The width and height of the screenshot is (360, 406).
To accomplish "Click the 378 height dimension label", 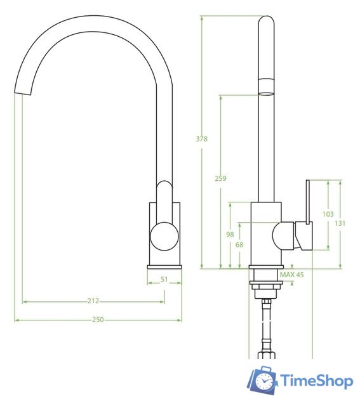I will point(203,139).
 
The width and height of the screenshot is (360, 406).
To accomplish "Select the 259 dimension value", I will point(220,179).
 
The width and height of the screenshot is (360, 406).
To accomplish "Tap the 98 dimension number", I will point(230,234).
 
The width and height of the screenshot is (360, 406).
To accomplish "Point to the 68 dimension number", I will point(239,244).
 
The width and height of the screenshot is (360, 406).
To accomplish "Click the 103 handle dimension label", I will point(328,214).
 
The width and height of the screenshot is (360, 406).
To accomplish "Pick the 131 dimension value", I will point(340,223).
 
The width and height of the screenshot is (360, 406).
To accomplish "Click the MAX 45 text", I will point(291,275).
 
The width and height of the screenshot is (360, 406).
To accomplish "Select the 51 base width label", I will point(164,279).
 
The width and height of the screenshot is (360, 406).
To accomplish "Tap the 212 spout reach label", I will point(93,301).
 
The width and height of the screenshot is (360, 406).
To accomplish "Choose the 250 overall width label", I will point(98,320).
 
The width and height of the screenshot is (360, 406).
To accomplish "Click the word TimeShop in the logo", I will point(316,381).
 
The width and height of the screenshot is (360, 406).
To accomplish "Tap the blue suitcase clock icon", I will point(262,380).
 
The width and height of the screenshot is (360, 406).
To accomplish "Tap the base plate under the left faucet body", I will point(164,266).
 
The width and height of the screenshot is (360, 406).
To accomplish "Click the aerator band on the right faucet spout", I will point(266,86).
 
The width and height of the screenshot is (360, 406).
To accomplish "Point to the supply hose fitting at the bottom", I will point(265,348).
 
